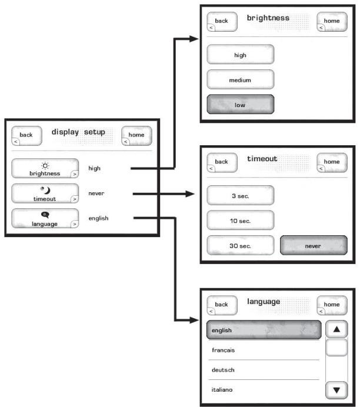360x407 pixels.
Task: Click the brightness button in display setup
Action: point(45,168)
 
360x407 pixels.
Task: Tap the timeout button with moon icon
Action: point(45,194)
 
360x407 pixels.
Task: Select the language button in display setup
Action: point(45,219)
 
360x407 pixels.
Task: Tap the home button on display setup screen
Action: point(136,135)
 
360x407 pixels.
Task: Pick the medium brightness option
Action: point(240,79)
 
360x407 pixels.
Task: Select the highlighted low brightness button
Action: point(240,105)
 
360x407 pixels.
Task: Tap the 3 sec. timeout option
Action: point(240,195)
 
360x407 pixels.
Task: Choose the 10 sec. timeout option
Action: point(240,221)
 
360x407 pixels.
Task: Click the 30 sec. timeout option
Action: point(240,246)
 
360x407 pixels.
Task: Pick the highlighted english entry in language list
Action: point(263,331)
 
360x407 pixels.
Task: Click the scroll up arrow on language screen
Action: point(336,331)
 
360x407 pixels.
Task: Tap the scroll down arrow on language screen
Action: point(336,389)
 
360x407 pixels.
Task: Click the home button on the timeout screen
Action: point(331,162)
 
